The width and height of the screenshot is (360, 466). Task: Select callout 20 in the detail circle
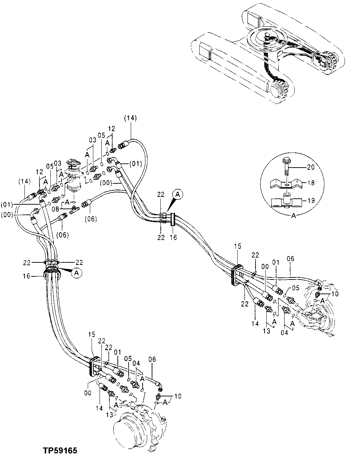point(311,167)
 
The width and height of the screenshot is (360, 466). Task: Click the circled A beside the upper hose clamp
point(178,194)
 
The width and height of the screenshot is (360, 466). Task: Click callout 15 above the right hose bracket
point(238,247)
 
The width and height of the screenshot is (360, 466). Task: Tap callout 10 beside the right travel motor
point(335,294)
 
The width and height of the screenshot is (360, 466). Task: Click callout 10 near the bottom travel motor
point(178,397)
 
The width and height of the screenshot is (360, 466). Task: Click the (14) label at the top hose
point(130,119)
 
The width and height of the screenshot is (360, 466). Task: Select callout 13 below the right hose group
point(267,330)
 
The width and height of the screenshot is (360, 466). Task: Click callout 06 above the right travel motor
point(290,259)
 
